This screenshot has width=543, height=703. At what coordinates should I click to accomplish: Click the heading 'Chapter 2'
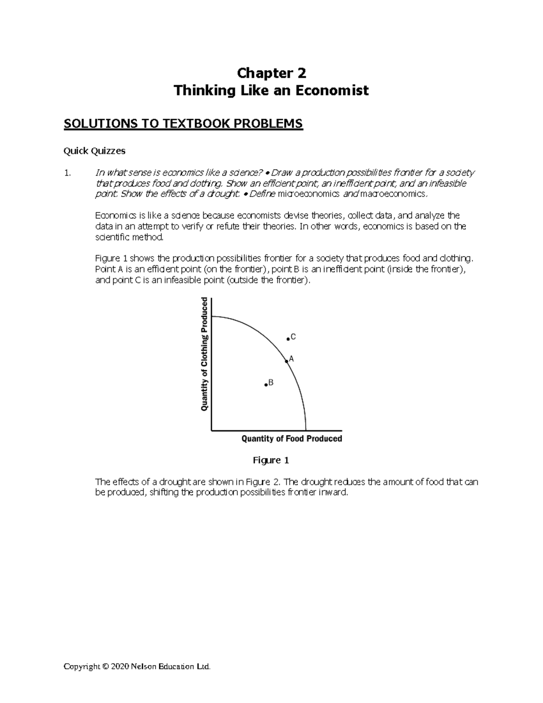[x=271, y=73]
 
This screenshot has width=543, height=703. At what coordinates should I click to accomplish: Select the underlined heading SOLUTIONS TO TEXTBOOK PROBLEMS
[x=183, y=124]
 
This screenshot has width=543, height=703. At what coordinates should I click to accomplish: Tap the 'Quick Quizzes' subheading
[x=94, y=151]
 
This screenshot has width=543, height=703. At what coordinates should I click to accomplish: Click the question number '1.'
[x=67, y=173]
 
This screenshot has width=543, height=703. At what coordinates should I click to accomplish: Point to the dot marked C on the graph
[x=288, y=339]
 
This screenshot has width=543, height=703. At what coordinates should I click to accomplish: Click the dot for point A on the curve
[x=286, y=361]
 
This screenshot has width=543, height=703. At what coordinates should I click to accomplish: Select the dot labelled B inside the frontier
[x=266, y=385]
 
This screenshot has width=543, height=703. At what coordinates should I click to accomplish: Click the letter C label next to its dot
[x=293, y=337]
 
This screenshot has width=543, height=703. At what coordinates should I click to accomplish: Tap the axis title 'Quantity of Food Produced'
[x=292, y=439]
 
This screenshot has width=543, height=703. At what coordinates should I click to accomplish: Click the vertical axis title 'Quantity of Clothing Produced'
[x=204, y=354]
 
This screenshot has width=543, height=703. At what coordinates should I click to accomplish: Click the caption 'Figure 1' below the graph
[x=271, y=461]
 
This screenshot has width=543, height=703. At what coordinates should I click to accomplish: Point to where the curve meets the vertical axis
[x=212, y=317]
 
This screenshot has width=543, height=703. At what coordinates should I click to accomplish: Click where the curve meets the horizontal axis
[x=306, y=430]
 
